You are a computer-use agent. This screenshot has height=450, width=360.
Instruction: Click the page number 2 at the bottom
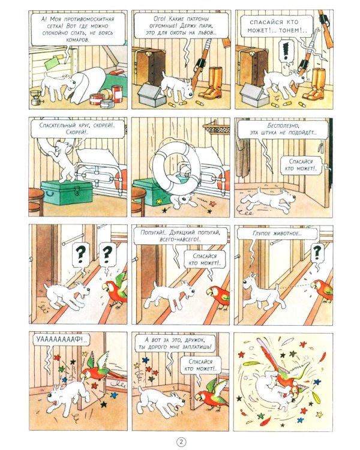(x=181, y=442)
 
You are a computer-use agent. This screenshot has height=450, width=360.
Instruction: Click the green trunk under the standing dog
(x=67, y=192)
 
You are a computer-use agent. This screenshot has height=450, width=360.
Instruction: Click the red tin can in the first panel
(x=117, y=94)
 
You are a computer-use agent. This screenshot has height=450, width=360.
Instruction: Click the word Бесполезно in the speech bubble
(x=283, y=126)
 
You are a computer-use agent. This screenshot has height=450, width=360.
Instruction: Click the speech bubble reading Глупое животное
(x=277, y=233)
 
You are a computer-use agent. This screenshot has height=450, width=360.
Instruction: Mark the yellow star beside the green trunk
(x=159, y=201)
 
